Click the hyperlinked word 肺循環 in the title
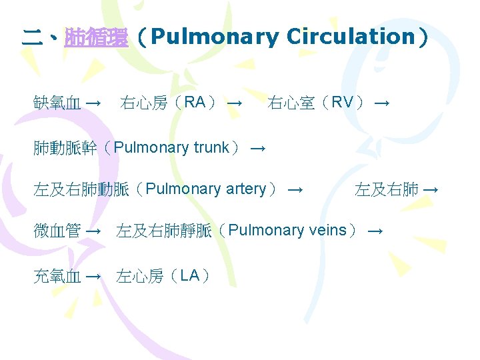(96, 37)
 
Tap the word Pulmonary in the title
(214, 37)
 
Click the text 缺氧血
(57, 103)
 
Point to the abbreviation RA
(195, 103)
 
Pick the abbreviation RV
(342, 103)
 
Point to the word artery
(245, 189)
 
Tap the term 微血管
(57, 231)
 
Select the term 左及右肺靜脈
(164, 231)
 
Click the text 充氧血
(57, 276)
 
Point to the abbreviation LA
(190, 275)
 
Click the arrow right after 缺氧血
(93, 104)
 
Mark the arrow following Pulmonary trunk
(258, 149)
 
